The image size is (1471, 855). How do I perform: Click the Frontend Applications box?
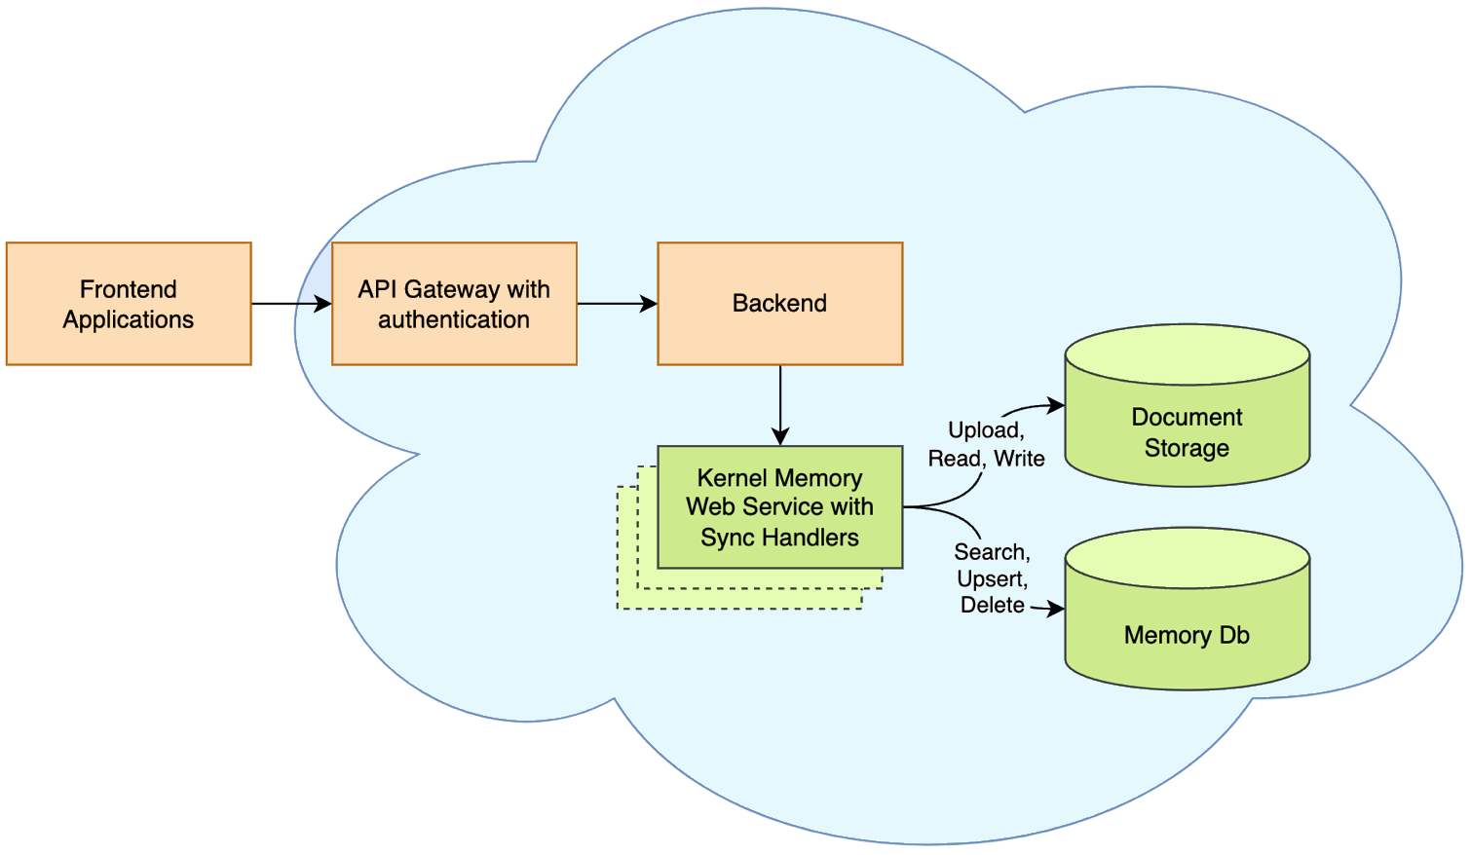coord(129,304)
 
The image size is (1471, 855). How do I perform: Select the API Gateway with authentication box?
coord(454,304)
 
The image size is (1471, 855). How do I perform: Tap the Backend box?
coord(779,304)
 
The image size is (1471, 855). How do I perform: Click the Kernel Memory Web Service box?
coord(779,507)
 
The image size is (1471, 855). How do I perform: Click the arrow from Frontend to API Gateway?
coord(290,304)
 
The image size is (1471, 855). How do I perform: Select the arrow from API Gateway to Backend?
coord(617,304)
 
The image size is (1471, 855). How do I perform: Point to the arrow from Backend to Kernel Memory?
coord(780,404)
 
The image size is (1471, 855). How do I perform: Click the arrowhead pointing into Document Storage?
coord(1056,405)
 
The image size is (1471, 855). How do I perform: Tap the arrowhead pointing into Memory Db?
coord(1056,610)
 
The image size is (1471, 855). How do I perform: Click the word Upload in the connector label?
coord(984,430)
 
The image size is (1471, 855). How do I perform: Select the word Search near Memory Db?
coord(990,552)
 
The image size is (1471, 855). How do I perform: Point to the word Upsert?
coord(991,579)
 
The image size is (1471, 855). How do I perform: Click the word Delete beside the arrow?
coord(992,606)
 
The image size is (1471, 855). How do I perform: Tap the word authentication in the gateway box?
coord(454,319)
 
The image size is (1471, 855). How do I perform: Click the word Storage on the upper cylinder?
coord(1187,448)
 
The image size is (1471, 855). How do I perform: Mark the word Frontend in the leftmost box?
coord(129,289)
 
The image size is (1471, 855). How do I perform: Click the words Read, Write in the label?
coord(986,459)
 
